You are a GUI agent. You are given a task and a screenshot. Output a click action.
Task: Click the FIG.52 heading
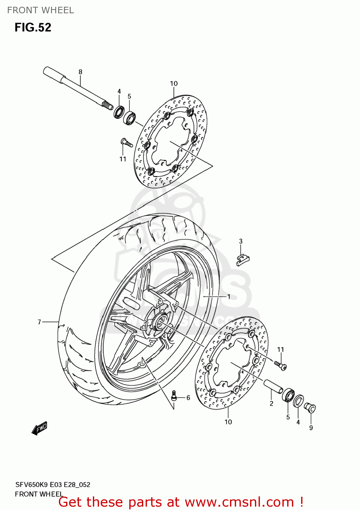[x=33, y=28]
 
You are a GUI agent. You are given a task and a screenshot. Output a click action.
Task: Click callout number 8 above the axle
[x=80, y=72]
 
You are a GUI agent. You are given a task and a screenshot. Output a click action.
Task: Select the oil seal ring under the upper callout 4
[x=119, y=112]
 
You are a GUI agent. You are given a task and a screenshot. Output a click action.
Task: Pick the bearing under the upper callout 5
[x=130, y=117]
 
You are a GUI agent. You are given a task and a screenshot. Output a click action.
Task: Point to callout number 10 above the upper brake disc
[x=174, y=84]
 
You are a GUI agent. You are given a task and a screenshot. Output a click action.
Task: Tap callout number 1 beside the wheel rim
[x=229, y=297]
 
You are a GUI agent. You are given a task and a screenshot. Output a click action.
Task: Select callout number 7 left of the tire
[x=39, y=322]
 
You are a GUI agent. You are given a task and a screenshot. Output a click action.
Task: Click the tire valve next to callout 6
[x=174, y=396]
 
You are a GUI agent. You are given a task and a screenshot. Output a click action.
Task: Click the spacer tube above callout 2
[x=273, y=387]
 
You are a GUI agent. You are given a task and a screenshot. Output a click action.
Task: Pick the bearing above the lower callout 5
[x=288, y=396]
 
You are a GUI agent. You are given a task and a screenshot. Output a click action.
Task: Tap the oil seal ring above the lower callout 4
[x=298, y=401]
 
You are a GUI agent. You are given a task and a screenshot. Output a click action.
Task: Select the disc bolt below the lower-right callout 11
[x=281, y=365]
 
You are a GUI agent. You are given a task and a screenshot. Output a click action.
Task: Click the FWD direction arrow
[x=39, y=428]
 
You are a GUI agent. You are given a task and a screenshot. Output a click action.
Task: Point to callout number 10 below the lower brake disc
[x=228, y=422]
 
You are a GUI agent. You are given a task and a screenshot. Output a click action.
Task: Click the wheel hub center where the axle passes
[x=159, y=322]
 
